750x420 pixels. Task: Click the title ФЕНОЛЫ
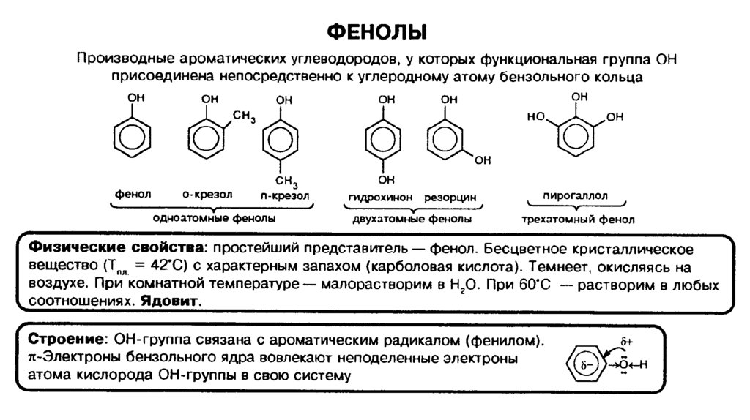tap(376, 33)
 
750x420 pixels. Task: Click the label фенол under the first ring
tap(133, 195)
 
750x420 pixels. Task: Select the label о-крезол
tap(207, 195)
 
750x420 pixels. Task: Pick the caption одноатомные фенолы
tap(214, 218)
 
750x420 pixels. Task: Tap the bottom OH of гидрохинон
tap(387, 179)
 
